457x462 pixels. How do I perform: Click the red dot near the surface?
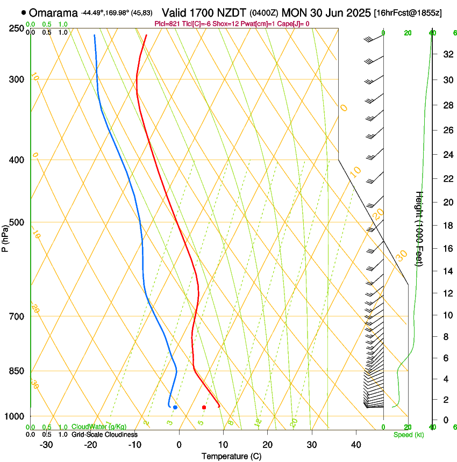pyautogui.click(x=204, y=407)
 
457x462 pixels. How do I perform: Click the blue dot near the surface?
pyautogui.click(x=175, y=407)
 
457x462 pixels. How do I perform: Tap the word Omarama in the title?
pyautogui.click(x=53, y=13)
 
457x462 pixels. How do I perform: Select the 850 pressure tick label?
pyautogui.click(x=16, y=371)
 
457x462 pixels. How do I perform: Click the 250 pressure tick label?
pyautogui.click(x=16, y=28)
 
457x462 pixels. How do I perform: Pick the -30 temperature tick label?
pyautogui.click(x=46, y=445)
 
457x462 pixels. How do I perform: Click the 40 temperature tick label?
pyautogui.click(x=356, y=445)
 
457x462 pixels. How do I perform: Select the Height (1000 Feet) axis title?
pyautogui.click(x=419, y=228)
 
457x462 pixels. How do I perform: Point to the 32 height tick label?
pyautogui.click(x=447, y=54)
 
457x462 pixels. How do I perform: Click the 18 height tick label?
pyautogui.click(x=447, y=226)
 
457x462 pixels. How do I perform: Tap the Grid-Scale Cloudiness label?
pyautogui.click(x=104, y=435)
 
